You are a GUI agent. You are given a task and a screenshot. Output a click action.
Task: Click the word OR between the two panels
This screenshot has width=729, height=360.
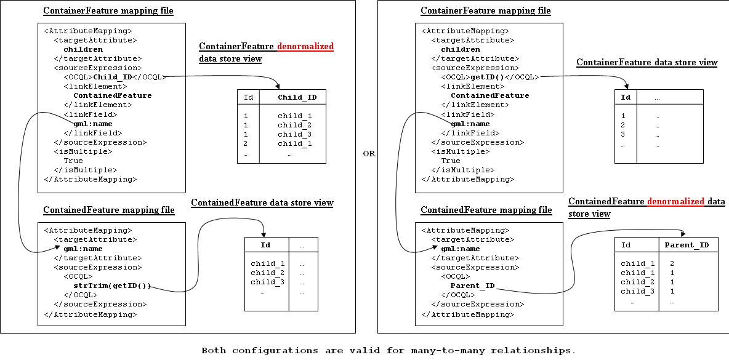[368, 154]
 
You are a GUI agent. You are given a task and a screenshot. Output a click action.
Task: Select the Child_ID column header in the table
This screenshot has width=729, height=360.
[297, 97]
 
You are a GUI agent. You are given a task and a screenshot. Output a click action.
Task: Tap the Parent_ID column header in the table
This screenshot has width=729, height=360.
[687, 245]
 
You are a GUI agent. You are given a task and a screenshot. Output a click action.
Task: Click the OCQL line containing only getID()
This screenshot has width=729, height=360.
[489, 77]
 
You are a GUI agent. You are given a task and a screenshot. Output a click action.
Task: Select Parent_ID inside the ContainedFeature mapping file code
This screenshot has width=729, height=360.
[472, 286]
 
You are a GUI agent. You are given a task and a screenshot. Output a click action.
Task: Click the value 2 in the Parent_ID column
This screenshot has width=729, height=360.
[672, 263]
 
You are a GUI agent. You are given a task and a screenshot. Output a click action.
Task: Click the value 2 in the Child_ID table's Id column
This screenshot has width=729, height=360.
[246, 143]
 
